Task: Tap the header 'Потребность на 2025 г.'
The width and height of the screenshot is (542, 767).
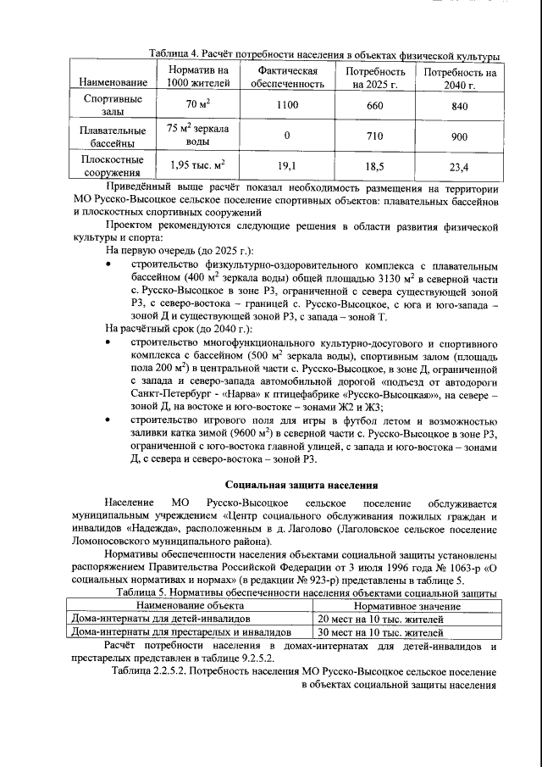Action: (374, 75)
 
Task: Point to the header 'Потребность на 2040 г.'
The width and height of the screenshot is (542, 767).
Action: (460, 75)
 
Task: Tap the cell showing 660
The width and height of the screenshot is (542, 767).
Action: (374, 106)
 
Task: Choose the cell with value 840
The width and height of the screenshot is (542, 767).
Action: (460, 106)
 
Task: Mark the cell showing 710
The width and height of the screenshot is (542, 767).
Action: (374, 136)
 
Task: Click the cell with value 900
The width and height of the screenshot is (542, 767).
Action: (460, 136)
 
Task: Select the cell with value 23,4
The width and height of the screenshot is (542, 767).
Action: (460, 167)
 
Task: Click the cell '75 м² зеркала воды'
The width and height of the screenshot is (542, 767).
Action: (197, 136)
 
